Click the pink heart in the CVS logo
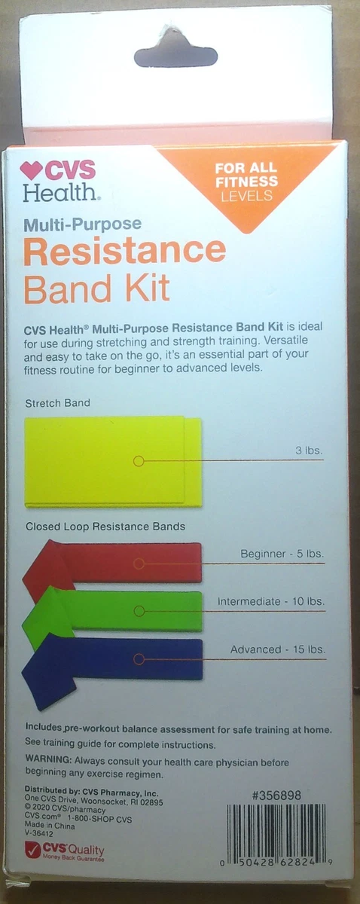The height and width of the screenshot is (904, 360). (31, 170)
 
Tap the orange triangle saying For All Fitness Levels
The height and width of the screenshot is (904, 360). (246, 182)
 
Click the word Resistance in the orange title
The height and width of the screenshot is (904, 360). (125, 252)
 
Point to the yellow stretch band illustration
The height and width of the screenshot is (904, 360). (113, 462)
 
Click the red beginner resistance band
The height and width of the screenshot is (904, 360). (121, 563)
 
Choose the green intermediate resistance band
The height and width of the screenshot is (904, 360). (121, 611)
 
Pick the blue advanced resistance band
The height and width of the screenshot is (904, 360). (121, 660)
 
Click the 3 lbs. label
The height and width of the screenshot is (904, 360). (309, 450)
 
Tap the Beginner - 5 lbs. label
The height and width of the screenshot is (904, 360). (282, 554)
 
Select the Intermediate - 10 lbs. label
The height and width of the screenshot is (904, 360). (271, 601)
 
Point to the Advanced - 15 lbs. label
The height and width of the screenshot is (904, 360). (278, 649)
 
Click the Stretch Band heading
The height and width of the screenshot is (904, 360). (57, 403)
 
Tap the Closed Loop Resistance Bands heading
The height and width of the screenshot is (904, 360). (105, 527)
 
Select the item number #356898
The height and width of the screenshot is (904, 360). (276, 796)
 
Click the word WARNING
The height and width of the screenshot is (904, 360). (48, 759)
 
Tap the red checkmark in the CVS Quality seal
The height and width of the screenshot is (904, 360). (32, 849)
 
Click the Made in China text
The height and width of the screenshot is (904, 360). (50, 826)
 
